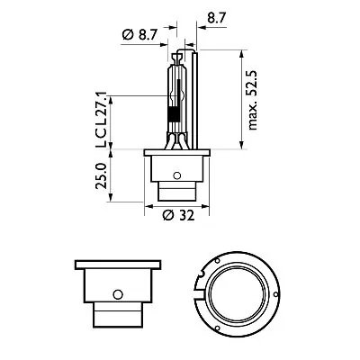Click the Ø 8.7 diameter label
tap(140, 34)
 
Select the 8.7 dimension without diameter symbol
tap(216, 16)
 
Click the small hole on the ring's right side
tap(278, 294)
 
